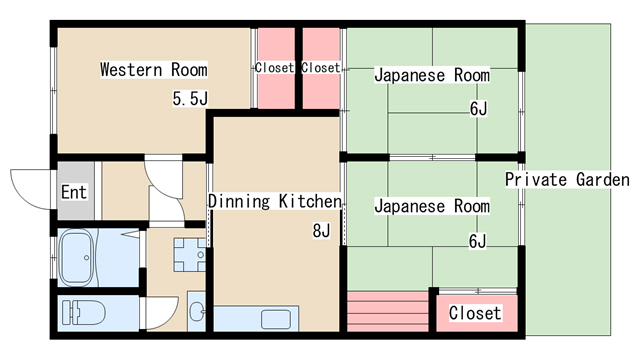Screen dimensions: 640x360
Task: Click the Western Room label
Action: [x=154, y=69]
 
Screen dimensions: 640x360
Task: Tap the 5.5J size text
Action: [x=190, y=98]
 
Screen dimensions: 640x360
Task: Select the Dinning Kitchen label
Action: [x=275, y=201]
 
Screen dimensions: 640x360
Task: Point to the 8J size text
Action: [x=321, y=231]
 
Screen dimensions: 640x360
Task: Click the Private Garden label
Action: [x=567, y=180]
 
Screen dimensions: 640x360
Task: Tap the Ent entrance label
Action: [x=74, y=192]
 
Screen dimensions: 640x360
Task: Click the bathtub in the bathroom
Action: [x=78, y=257]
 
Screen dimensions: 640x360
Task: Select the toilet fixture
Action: [x=84, y=313]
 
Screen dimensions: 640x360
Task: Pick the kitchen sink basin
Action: [x=276, y=319]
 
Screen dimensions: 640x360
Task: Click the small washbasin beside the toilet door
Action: [x=197, y=312]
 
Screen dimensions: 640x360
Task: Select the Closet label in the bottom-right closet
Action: [x=475, y=313]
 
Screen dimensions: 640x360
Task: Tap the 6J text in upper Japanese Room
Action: [x=478, y=109]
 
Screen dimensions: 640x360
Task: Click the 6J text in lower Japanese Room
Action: [x=478, y=241]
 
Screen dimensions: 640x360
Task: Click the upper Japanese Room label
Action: [x=432, y=75]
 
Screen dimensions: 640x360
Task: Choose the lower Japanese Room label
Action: [x=432, y=206]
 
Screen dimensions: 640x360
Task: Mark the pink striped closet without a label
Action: [x=387, y=311]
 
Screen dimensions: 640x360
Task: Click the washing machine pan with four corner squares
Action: [x=190, y=255]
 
